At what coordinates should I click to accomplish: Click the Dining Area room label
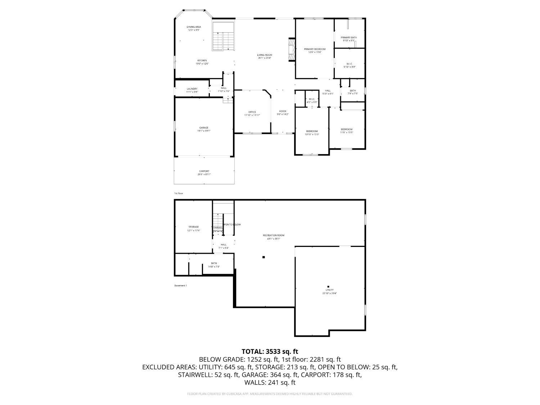[194, 27]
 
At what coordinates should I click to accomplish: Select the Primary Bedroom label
[315, 49]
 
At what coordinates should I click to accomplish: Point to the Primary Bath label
[349, 37]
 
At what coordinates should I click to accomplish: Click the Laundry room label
[192, 89]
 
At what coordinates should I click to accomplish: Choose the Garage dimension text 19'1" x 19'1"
[203, 131]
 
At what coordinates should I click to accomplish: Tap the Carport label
[204, 171]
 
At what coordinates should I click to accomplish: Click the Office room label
[252, 112]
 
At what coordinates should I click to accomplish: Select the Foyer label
[283, 111]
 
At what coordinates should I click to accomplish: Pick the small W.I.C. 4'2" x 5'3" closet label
[312, 99]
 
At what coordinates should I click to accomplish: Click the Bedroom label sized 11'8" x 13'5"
[347, 129]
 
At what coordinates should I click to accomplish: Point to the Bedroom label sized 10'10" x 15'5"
[312, 131]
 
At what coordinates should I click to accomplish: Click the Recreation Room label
[274, 235]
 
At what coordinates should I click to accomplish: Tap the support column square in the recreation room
[264, 257]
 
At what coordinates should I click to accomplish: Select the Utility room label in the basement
[329, 290]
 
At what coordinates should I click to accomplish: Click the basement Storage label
[194, 227]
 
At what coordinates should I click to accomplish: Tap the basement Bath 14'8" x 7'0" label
[214, 264]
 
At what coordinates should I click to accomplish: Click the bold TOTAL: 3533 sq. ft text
[270, 351]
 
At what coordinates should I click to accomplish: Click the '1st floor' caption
[179, 194]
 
